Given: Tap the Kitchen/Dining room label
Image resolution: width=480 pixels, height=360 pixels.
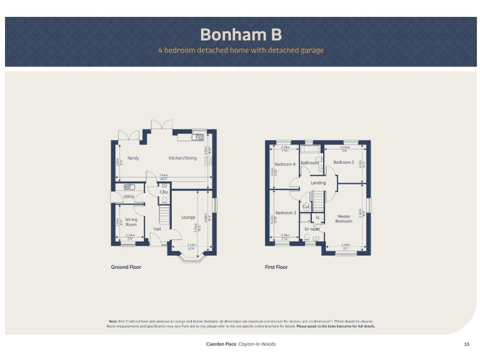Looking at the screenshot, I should (182, 158).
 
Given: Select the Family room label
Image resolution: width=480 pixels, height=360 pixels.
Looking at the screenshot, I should (133, 158).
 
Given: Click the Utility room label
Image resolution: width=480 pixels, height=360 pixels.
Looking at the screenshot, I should (129, 196).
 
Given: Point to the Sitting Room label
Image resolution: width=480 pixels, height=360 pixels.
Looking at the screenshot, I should (131, 222).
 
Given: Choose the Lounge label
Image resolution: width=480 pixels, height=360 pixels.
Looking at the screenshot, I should (188, 217).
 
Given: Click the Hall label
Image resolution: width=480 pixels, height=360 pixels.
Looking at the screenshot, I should (158, 229).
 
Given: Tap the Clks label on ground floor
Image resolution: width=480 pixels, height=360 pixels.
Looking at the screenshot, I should (164, 192).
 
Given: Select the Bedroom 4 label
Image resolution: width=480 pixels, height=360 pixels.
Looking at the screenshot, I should (285, 164).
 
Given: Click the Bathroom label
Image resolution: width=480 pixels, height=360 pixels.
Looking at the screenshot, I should (310, 163).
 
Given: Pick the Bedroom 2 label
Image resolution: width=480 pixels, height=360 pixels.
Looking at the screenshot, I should (344, 162).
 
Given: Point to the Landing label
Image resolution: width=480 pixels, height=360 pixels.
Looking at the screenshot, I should (318, 182).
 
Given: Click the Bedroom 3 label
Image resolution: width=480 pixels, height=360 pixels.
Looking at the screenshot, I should (286, 212).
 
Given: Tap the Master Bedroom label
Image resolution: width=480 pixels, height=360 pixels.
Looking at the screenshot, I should (344, 219).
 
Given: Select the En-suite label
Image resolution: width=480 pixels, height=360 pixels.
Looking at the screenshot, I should (311, 229).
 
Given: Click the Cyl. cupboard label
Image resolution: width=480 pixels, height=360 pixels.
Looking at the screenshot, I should (306, 206).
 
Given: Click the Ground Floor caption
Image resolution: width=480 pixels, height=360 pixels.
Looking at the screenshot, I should (126, 267).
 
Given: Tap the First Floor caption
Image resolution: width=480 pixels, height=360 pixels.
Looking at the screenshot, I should (276, 267).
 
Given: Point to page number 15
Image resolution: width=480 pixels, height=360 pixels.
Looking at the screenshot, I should (466, 344).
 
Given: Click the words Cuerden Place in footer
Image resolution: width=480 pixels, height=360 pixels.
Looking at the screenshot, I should (221, 344).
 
